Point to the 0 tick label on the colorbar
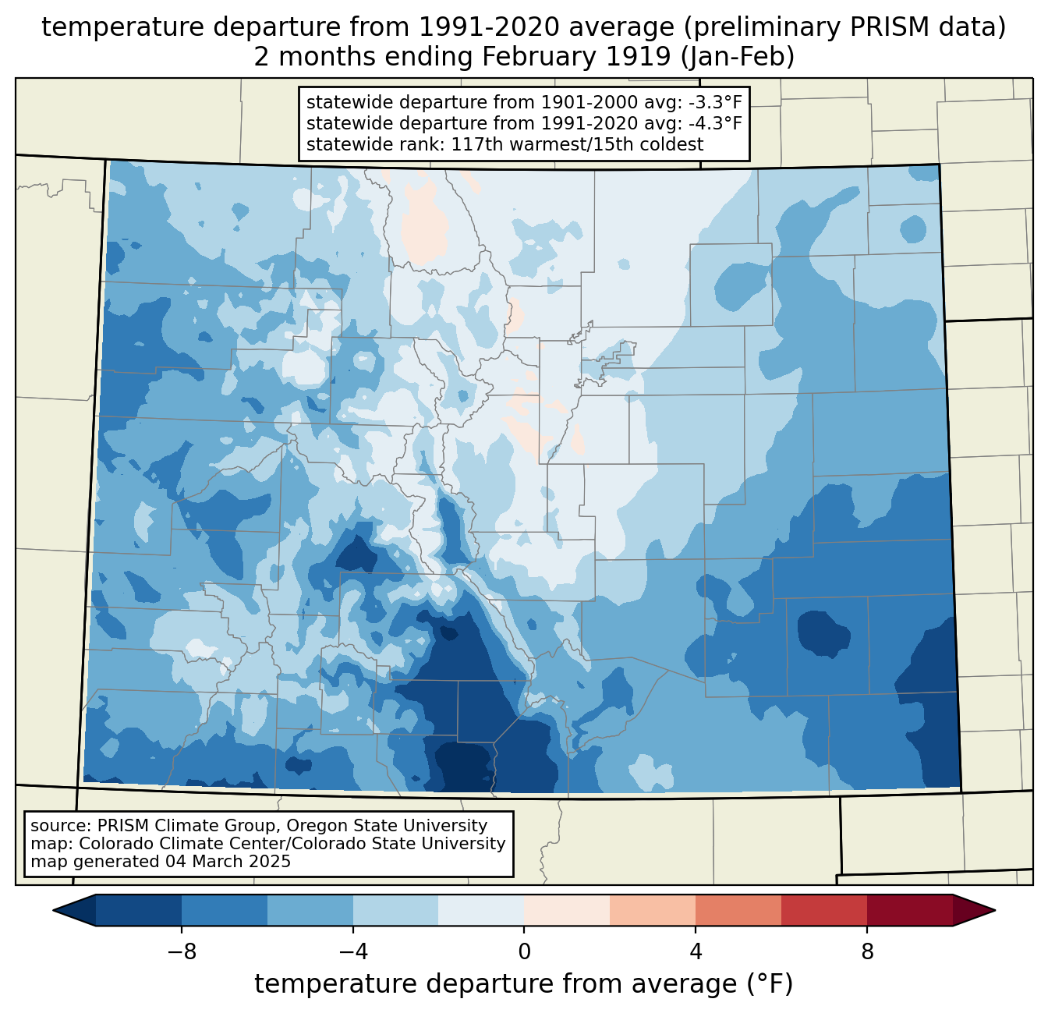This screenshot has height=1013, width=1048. click(524, 952)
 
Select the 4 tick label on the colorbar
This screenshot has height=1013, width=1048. click(696, 952)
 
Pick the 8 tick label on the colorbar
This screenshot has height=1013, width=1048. click(867, 952)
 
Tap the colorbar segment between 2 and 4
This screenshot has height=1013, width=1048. click(653, 910)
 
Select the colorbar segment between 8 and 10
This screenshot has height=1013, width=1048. click(910, 910)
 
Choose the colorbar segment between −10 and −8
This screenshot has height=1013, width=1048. click(139, 910)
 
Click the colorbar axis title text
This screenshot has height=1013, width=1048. click(524, 984)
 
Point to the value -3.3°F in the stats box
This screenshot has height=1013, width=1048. click(711, 102)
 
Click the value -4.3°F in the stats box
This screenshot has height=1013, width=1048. click(711, 123)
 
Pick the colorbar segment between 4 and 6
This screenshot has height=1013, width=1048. click(738, 910)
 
